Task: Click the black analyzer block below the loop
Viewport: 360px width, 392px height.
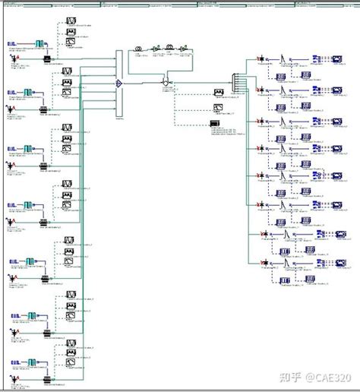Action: (x=216, y=123)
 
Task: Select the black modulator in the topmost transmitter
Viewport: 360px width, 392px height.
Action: (x=46, y=58)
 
